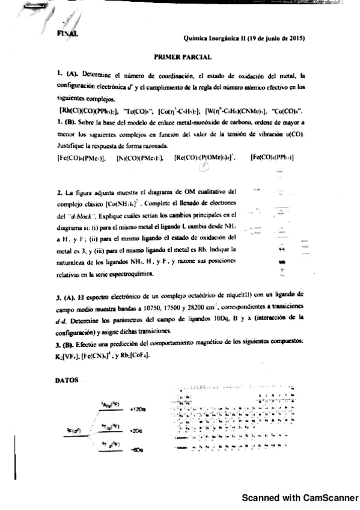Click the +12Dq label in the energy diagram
138,409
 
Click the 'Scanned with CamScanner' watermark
299,498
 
